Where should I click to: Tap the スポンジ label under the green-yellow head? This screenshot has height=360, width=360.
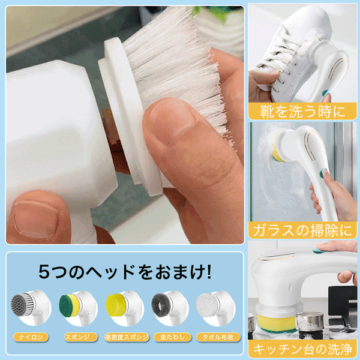[x=77, y=337]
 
